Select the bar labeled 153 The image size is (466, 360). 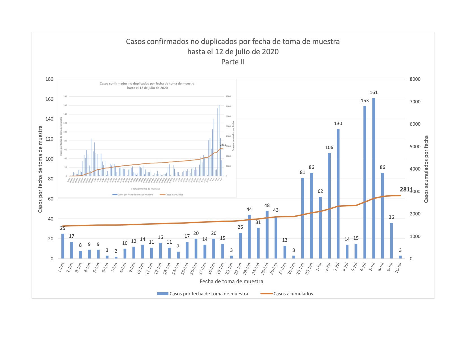(x=365, y=182)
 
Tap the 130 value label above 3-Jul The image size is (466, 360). (x=338, y=123)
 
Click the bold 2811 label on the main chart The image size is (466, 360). (x=406, y=189)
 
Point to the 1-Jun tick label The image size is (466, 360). (x=61, y=267)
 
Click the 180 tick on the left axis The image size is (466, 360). (x=49, y=79)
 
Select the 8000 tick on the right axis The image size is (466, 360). (x=415, y=79)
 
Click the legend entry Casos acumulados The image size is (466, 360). (x=293, y=294)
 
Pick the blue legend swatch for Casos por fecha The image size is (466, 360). (x=163, y=294)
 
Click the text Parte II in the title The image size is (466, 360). (x=233, y=62)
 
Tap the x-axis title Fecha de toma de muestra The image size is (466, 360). (x=231, y=281)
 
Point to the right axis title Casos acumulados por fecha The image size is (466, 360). (x=426, y=169)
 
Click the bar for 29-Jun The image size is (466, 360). (x=302, y=218)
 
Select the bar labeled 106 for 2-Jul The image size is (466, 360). (x=329, y=206)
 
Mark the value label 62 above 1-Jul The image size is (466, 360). (x=320, y=191)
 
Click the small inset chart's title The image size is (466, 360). (x=147, y=86)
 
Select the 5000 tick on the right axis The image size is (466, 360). (x=415, y=147)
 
